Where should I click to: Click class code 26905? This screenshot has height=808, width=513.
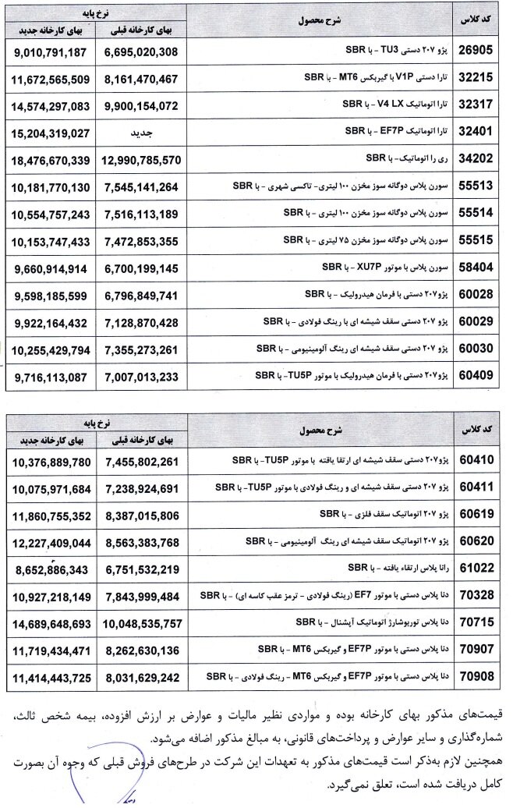point(485,51)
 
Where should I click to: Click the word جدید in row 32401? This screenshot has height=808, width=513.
point(142,133)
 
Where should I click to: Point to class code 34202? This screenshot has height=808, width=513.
point(485,160)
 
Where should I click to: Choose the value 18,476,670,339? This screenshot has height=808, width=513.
point(52,160)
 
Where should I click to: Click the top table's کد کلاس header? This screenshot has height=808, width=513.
point(483,21)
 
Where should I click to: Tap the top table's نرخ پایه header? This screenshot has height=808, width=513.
point(97,13)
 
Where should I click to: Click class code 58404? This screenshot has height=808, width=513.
point(485,268)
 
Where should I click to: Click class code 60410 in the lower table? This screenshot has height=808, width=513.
point(485,461)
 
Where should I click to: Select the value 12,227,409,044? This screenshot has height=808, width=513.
point(52,541)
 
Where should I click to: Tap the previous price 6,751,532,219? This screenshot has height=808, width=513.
point(143,569)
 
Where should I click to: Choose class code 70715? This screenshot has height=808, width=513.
point(485,622)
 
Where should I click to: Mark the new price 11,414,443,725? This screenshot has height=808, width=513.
point(52,676)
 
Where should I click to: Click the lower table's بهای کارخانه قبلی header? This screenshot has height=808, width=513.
point(143,438)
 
